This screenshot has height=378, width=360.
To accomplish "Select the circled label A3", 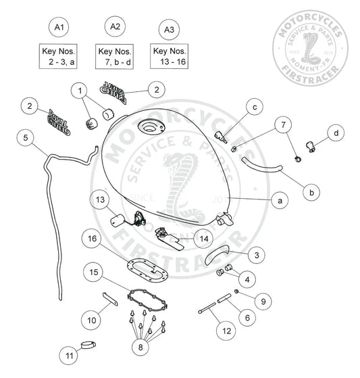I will click(x=169, y=29).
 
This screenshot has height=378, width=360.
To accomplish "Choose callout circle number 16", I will click(x=93, y=239).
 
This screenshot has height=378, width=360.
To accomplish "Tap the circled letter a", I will click(x=277, y=200).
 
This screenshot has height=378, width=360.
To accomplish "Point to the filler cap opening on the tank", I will click(x=147, y=128).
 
